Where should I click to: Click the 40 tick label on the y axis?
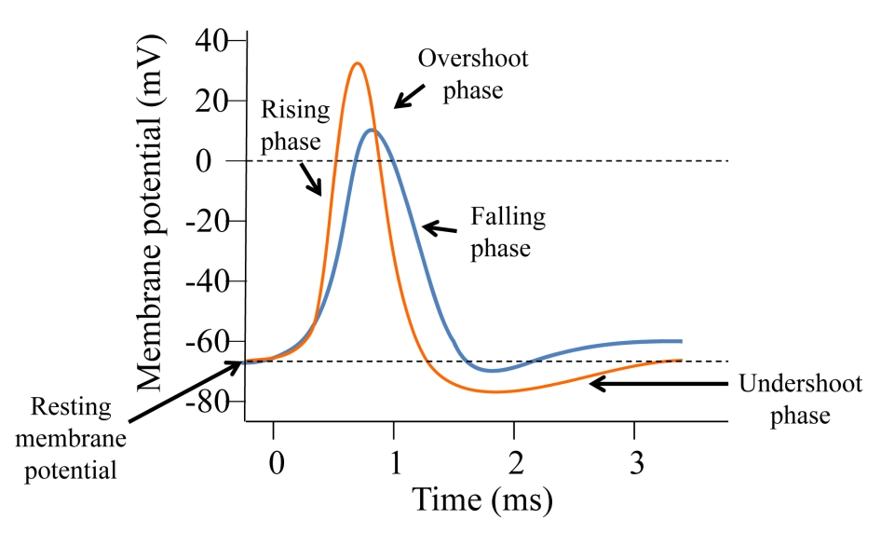(x=215, y=42)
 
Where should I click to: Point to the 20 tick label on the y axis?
(x=215, y=102)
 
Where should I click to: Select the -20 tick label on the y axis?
(x=210, y=222)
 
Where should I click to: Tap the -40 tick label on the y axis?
(x=210, y=281)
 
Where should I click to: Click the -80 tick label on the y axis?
(x=210, y=402)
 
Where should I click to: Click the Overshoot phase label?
(x=472, y=75)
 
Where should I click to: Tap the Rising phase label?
(x=294, y=125)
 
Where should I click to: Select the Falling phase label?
(x=507, y=233)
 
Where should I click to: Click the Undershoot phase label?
(x=799, y=399)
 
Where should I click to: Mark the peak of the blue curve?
(x=372, y=130)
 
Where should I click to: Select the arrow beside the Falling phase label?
(x=440, y=226)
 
